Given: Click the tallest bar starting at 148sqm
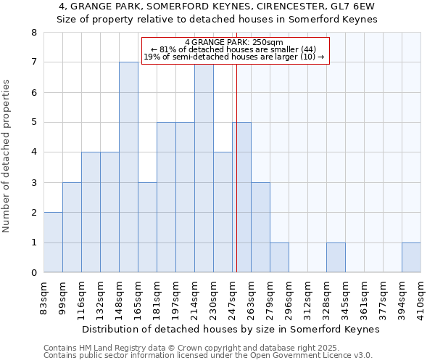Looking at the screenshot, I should [128, 167].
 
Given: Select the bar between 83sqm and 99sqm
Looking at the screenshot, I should [53, 242].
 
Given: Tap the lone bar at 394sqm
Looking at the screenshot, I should [411, 258].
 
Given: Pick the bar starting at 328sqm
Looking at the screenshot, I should [336, 258].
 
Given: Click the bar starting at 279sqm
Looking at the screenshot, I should [279, 258].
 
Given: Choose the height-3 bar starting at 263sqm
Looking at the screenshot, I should [260, 227].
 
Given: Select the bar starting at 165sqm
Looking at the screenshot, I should [147, 227].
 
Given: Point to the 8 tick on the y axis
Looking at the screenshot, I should [33, 33].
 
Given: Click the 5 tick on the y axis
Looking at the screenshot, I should [33, 123].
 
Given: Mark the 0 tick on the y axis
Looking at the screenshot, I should [33, 273].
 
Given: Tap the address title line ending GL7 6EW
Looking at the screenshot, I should [217, 7].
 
